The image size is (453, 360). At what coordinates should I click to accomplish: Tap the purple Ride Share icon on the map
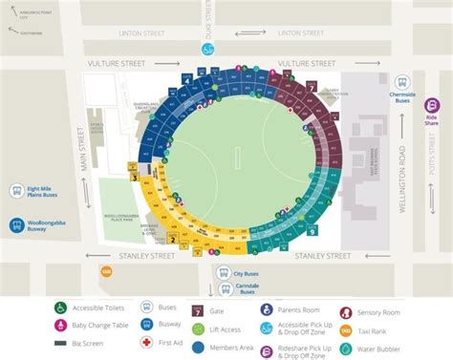(x=431, y=106)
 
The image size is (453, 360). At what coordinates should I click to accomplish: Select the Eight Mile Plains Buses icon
(x=16, y=191)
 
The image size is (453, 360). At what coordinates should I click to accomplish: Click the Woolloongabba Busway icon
(x=16, y=225)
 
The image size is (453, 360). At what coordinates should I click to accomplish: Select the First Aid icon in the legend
(x=146, y=342)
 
